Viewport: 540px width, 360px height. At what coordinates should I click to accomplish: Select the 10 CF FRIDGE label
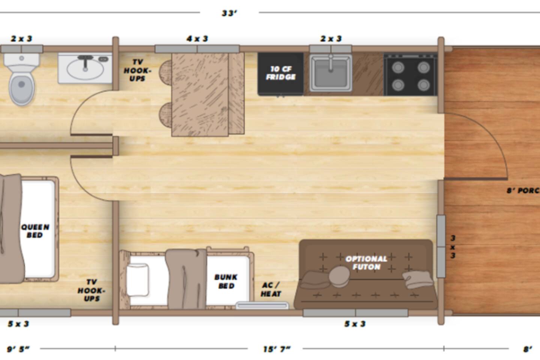(280, 73)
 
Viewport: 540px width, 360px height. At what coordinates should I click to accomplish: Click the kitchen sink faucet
(331, 63)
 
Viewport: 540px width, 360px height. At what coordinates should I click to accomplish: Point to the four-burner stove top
(411, 75)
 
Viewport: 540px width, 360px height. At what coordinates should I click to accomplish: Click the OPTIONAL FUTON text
(366, 262)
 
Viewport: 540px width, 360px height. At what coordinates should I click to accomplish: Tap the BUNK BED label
(226, 281)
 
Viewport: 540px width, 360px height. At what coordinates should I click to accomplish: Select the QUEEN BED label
(35, 231)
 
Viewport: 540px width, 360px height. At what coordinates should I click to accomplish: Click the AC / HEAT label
(271, 289)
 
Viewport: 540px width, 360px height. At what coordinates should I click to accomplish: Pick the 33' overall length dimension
(229, 13)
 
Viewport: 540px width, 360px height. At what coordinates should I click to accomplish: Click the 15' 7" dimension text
(277, 349)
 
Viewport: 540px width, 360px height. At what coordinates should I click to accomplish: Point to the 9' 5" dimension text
(18, 349)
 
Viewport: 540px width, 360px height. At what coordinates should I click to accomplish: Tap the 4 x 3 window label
(197, 39)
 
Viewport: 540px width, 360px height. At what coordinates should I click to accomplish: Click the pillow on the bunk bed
(137, 280)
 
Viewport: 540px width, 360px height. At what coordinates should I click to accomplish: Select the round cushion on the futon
(339, 277)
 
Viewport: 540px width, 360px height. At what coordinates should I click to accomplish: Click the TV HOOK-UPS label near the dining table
(137, 70)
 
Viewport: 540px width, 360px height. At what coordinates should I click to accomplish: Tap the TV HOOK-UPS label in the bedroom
(91, 290)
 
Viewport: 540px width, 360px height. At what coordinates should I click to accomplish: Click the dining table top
(200, 94)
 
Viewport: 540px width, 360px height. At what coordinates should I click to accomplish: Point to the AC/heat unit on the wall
(262, 306)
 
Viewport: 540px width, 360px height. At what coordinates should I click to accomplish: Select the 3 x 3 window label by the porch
(453, 247)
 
